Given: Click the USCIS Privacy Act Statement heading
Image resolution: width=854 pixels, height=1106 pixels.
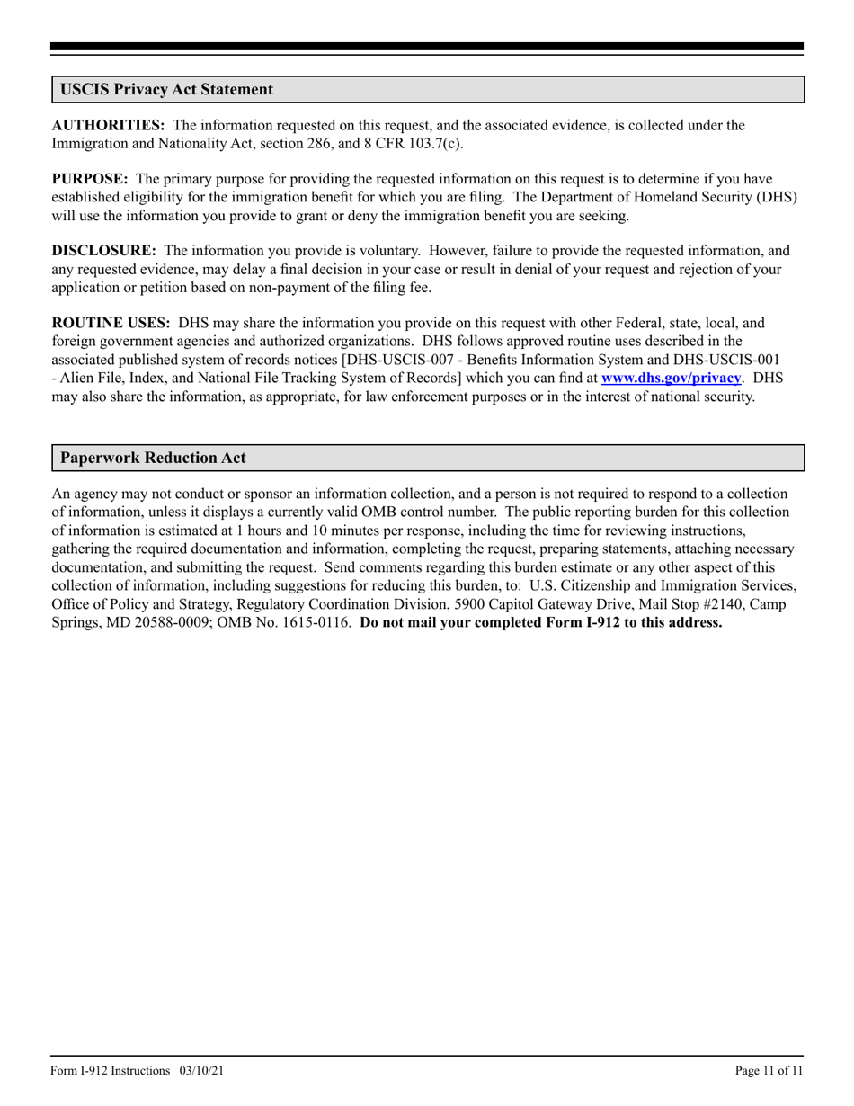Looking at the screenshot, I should pyautogui.click(x=166, y=90).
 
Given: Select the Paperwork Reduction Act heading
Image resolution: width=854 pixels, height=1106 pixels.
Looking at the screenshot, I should pyautogui.click(x=153, y=458).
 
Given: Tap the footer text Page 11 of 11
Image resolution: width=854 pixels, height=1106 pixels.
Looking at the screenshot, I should pyautogui.click(x=769, y=1070).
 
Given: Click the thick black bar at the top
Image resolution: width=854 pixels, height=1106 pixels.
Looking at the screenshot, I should pyautogui.click(x=427, y=47).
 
